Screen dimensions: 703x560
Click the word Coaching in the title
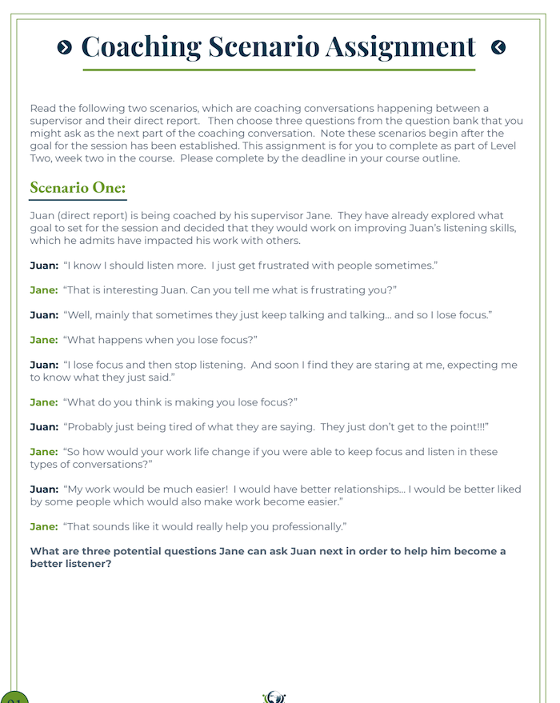(x=141, y=46)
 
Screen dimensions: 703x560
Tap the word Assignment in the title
(x=400, y=46)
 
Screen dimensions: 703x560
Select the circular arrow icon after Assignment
(x=498, y=47)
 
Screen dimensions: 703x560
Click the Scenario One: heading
(x=78, y=188)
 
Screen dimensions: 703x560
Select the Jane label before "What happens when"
(x=43, y=340)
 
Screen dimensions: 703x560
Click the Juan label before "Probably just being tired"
(x=43, y=427)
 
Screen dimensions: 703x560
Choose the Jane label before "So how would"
(x=43, y=452)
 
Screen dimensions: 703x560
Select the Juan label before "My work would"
(x=43, y=489)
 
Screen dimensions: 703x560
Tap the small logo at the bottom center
(x=274, y=697)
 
